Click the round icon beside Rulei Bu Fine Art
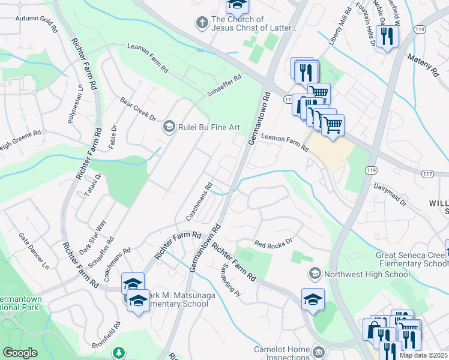click(169, 127)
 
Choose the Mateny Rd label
click(423, 64)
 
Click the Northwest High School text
click(367, 274)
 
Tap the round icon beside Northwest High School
click(314, 274)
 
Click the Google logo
click(20, 353)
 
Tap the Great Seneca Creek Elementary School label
click(412, 259)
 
